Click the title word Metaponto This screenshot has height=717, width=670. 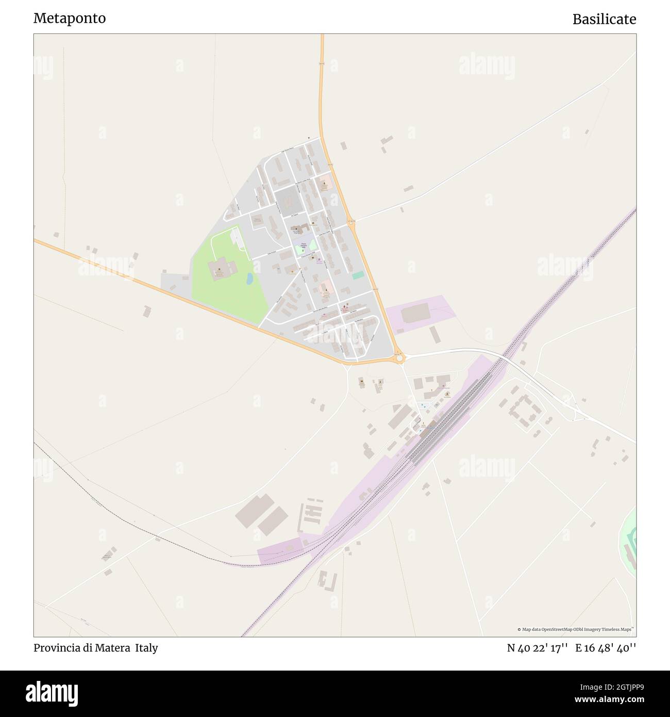click(70, 19)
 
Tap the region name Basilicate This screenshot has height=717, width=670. click(604, 20)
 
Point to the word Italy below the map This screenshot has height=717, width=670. click(147, 648)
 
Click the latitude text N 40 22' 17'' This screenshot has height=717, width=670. click(538, 648)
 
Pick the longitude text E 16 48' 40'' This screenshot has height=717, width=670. click(606, 648)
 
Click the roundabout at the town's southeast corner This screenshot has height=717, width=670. click(399, 357)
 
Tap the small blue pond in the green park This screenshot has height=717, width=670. click(249, 279)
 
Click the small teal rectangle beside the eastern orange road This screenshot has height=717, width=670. click(358, 275)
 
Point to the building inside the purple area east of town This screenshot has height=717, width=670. click(415, 313)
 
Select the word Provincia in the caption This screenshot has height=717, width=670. click(56, 648)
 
